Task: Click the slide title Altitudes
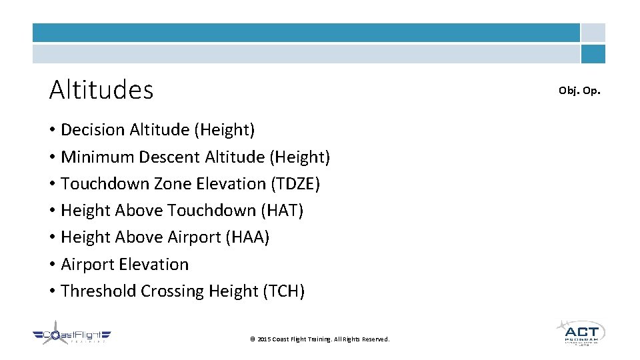tap(101, 90)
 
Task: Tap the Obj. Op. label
tap(579, 90)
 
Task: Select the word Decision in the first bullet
tap(92, 130)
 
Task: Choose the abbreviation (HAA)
tap(247, 237)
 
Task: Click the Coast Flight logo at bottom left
tap(72, 337)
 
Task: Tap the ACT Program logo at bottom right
tap(580, 332)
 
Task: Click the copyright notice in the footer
tap(319, 339)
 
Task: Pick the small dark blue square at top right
tap(593, 54)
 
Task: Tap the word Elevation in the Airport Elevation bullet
tap(157, 265)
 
